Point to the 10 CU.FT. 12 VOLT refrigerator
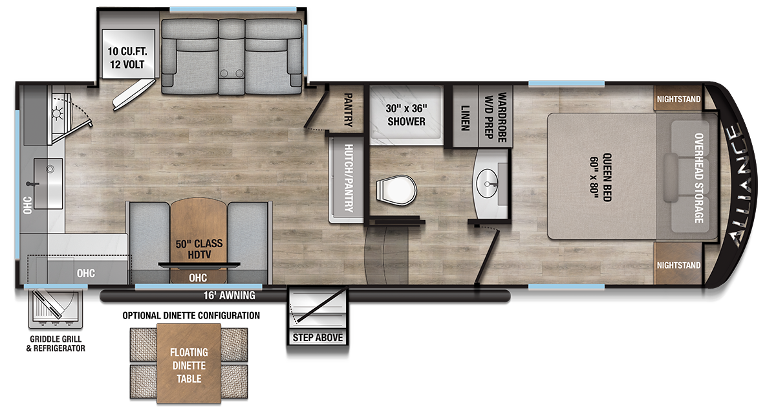coord(127,58)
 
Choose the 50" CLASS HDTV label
coord(199,249)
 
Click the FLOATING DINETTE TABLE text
coord(189,365)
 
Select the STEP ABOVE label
coord(318,337)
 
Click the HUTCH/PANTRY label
coord(348,177)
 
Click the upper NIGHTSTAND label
coord(678,99)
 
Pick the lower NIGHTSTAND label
coord(678,265)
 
